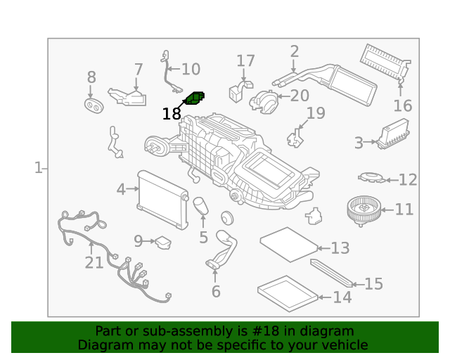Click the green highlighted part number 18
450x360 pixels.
(195, 98)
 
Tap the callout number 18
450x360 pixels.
(172, 114)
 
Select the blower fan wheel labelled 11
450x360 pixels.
(364, 211)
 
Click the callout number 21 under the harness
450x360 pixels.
(94, 262)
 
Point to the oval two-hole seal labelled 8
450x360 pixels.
(94, 105)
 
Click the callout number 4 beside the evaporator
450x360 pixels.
(121, 189)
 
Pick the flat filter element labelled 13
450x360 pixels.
(289, 244)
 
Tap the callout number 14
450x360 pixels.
(342, 297)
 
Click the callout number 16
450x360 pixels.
(403, 105)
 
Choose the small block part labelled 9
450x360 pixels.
(163, 243)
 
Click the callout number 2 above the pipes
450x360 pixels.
(295, 51)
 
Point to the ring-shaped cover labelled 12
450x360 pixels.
(372, 177)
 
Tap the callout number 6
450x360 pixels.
(216, 291)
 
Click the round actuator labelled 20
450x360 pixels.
(264, 102)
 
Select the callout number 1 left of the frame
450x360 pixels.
(38, 167)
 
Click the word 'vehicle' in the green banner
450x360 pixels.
(346, 345)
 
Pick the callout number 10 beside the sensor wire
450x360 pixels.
(191, 70)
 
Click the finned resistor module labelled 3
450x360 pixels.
(393, 134)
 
